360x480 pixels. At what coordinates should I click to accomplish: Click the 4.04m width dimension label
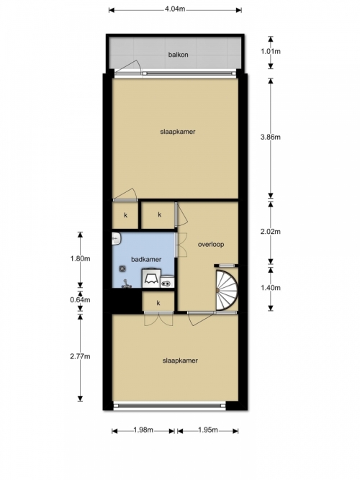pyautogui.click(x=175, y=9)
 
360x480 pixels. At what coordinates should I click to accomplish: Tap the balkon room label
pyautogui.click(x=178, y=55)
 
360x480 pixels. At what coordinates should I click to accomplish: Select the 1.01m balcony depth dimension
pyautogui.click(x=271, y=51)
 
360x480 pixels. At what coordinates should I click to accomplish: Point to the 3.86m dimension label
pyautogui.click(x=271, y=137)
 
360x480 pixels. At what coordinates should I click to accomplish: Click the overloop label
pyautogui.click(x=211, y=244)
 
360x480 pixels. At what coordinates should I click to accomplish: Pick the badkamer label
pyautogui.click(x=146, y=259)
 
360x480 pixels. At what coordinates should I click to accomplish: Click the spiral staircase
pyautogui.click(x=226, y=289)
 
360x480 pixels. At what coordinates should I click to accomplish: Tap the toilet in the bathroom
pyautogui.click(x=151, y=278)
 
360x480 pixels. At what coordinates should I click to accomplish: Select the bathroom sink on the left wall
pyautogui.click(x=117, y=239)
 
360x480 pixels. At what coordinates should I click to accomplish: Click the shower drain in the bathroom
pyautogui.click(x=122, y=268)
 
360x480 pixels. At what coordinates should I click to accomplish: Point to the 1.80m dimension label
pyautogui.click(x=80, y=258)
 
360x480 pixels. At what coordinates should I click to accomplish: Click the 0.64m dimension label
pyautogui.click(x=80, y=299)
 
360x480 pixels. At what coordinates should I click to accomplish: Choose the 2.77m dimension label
pyautogui.click(x=80, y=356)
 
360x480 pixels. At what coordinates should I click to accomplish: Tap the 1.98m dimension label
pyautogui.click(x=143, y=430)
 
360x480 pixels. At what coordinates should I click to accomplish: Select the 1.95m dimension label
pyautogui.click(x=208, y=430)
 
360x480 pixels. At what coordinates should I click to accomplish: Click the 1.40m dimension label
pyautogui.click(x=271, y=288)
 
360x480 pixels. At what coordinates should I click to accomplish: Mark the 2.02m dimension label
pyautogui.click(x=271, y=232)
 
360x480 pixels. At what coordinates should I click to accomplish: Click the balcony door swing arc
pyautogui.click(x=132, y=65)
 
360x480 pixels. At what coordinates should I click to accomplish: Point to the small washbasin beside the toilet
pyautogui.click(x=168, y=282)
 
